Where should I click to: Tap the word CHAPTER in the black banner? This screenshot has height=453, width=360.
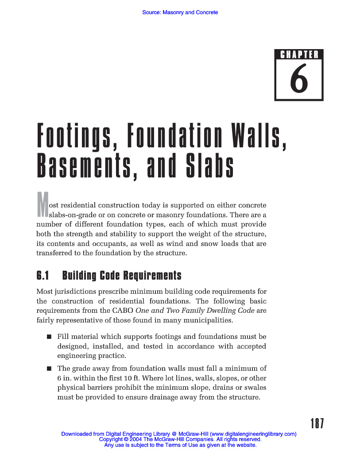[299, 55]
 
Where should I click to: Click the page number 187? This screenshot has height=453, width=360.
[317, 424]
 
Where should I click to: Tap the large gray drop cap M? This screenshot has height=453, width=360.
[42, 204]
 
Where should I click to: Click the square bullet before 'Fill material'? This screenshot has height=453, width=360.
[49, 338]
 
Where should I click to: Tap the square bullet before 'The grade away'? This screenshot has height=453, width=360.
[49, 369]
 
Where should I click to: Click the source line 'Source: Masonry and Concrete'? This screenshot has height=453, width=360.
[180, 12]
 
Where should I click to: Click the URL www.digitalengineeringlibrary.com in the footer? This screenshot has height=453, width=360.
[253, 434]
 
